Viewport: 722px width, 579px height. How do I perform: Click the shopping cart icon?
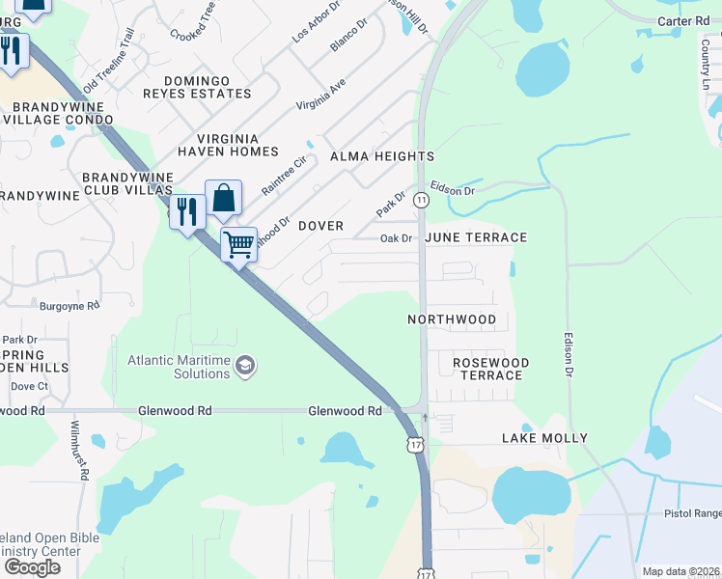pos(238,243)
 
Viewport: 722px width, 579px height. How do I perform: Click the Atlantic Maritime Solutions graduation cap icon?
pos(245,365)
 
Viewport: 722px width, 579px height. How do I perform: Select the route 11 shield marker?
pos(422,200)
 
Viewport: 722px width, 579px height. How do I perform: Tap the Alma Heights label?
pos(382,156)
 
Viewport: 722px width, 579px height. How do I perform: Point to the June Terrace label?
pos(476,237)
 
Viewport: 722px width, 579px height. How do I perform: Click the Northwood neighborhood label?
pos(452,319)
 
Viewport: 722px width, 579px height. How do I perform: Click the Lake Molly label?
pos(544,438)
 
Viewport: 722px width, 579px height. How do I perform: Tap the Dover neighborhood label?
pos(320,226)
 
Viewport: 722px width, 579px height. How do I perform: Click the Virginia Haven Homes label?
pos(227,145)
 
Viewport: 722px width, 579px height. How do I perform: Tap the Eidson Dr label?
pos(453,190)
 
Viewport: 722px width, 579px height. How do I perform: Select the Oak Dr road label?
pos(396,238)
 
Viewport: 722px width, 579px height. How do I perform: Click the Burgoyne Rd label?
pos(69,306)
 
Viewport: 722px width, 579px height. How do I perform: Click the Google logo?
pos(32,567)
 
